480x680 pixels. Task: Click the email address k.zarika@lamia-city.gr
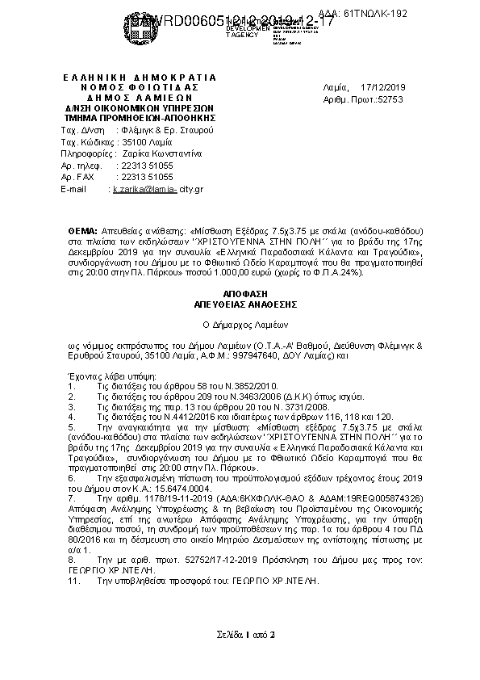(x=158, y=188)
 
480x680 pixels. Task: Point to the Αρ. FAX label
(x=77, y=177)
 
